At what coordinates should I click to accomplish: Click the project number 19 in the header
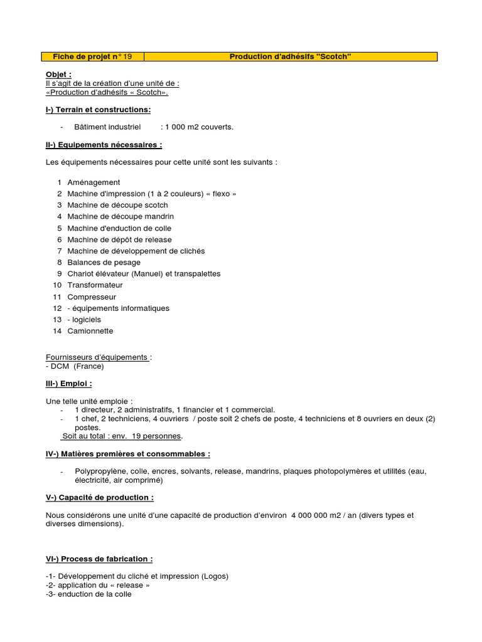pos(127,57)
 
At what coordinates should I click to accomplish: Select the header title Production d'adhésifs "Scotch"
pos(290,57)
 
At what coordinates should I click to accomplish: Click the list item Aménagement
pos(94,182)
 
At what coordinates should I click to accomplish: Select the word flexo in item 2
pos(222,194)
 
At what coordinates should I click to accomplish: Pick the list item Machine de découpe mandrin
pos(120,216)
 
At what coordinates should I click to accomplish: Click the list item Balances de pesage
pos(104,262)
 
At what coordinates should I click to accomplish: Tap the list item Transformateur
pos(95,285)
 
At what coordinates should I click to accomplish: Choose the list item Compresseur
pos(92,297)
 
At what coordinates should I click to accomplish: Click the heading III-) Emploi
pos(68,384)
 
